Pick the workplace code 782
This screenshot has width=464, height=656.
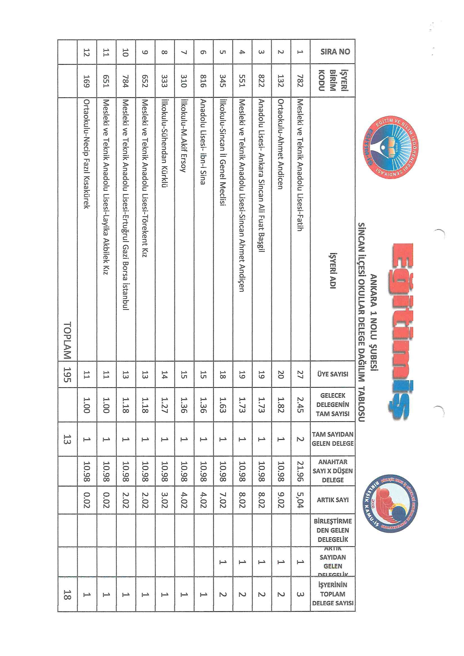(300, 81)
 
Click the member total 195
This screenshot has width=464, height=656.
(67, 374)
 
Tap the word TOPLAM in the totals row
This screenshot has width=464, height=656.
(67, 340)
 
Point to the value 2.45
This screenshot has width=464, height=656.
(300, 405)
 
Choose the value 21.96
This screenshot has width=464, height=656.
(300, 471)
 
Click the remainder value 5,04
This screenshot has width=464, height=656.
(300, 500)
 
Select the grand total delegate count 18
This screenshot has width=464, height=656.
(67, 594)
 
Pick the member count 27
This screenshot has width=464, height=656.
(300, 374)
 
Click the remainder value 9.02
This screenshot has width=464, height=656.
(280, 500)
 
